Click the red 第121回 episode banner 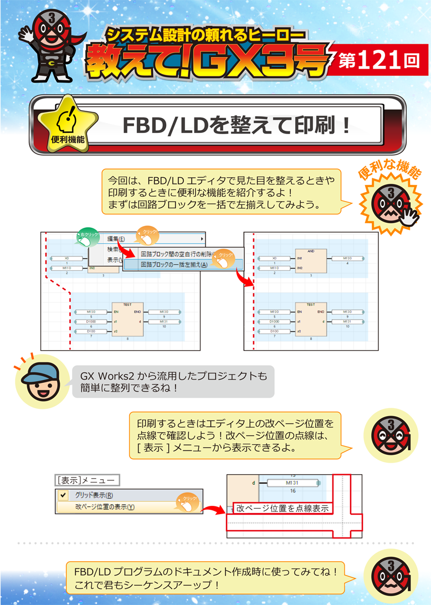point(379,60)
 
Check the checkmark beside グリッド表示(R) point(64,495)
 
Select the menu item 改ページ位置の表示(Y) point(105,506)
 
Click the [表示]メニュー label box point(88,480)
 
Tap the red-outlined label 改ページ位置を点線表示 point(282,507)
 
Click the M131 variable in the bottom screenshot point(292,483)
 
